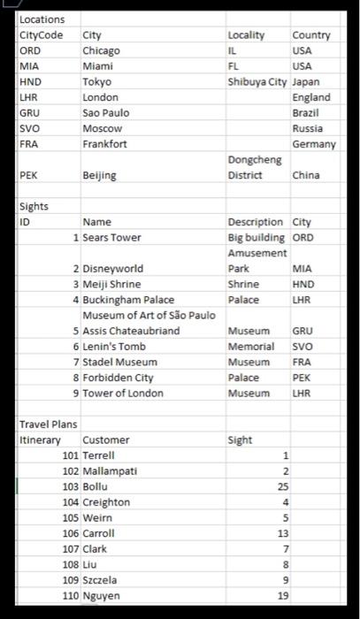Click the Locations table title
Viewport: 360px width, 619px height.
tap(42, 19)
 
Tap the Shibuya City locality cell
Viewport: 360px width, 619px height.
tap(257, 81)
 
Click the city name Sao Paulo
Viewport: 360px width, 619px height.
tap(105, 112)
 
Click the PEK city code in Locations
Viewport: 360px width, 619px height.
tap(29, 175)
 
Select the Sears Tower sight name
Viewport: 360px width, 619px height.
tap(111, 237)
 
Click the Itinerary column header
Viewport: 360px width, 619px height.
tap(40, 439)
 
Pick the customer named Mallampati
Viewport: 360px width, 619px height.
tap(109, 470)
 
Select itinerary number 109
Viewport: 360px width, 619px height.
tap(70, 579)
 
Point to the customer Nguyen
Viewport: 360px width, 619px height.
tap(102, 595)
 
